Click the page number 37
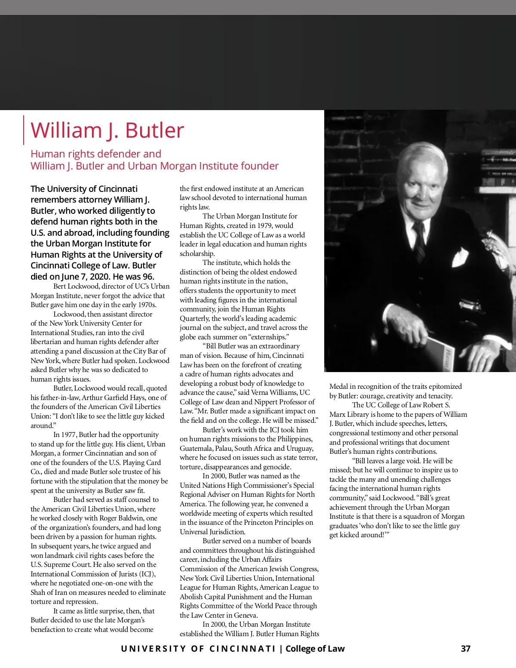[x=466, y=649]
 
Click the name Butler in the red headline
[x=154, y=130]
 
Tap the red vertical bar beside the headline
[x=23, y=130]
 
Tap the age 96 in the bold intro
[x=147, y=277]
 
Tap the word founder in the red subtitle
[x=261, y=166]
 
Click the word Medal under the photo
[x=339, y=387]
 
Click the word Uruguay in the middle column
[x=300, y=448]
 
